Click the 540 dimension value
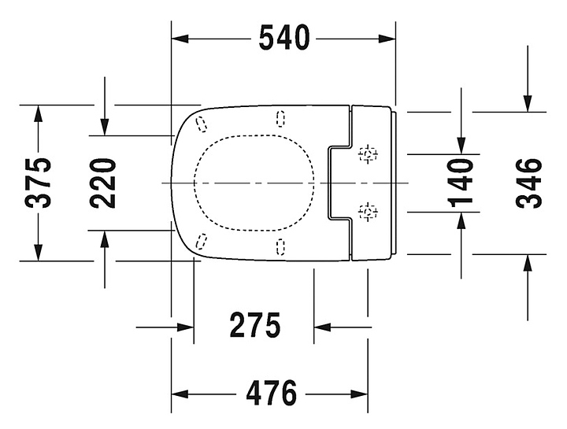tap(284, 38)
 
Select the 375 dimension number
tap(38, 183)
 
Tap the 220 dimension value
tap(103, 183)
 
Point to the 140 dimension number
tap(460, 183)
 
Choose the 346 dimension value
tap(528, 183)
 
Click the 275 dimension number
tap(255, 325)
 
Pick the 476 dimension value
tap(271, 393)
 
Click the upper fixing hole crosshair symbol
tap(368, 155)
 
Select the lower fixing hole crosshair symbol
tap(368, 212)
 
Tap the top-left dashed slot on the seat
tap(202, 124)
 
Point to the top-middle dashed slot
tap(280, 119)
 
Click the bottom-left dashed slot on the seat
tap(201, 242)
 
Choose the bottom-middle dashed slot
tap(280, 247)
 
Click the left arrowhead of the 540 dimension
tap(180, 39)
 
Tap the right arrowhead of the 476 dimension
tap(359, 394)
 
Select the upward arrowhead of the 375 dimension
tap(38, 114)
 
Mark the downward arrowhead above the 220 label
tap(105, 127)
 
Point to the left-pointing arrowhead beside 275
tap(323, 327)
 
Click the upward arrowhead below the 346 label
tap(528, 263)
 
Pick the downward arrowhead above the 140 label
tap(461, 146)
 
